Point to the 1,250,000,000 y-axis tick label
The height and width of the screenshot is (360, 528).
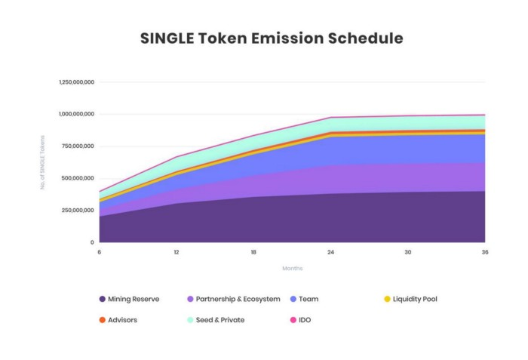tap(76, 82)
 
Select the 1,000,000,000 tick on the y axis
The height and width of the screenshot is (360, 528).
tap(76, 114)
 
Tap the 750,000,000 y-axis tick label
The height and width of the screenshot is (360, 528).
tap(78, 146)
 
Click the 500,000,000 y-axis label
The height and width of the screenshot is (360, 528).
tap(78, 178)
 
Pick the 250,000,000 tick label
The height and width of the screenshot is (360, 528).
tap(78, 210)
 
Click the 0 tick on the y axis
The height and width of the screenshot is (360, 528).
tap(92, 242)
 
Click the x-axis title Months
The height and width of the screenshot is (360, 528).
tap(292, 268)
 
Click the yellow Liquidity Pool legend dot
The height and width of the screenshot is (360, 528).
tap(387, 299)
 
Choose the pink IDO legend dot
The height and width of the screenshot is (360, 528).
tap(293, 320)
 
